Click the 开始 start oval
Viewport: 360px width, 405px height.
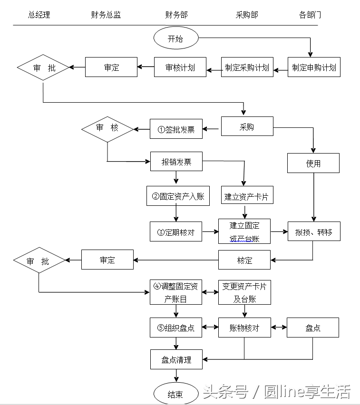175,39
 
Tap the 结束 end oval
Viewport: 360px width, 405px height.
175,394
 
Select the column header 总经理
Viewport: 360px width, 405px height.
39,15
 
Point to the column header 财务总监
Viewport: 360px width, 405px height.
106,15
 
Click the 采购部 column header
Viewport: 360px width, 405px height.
247,15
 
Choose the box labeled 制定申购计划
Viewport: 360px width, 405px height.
314,67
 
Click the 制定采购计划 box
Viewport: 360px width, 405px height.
247,67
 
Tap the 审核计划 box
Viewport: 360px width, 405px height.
180,67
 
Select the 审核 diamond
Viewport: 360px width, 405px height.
107,128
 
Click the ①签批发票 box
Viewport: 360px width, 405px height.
176,129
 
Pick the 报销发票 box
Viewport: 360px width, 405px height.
176,162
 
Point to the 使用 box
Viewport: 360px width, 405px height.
313,163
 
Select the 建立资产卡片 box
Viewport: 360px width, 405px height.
247,196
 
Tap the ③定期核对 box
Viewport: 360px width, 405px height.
176,231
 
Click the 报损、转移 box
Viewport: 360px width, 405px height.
313,231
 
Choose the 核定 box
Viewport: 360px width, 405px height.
244,260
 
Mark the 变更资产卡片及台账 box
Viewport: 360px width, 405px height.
244,292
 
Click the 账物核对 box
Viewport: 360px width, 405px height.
244,328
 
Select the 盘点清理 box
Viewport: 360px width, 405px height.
176,359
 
